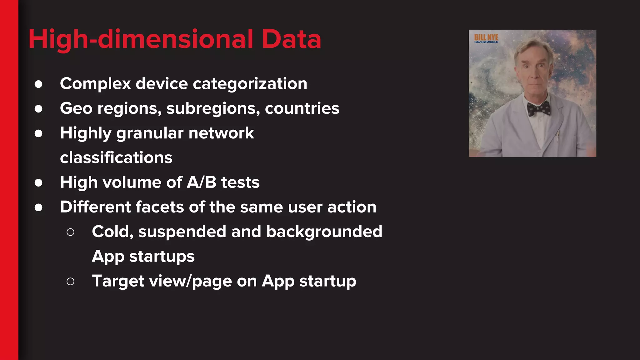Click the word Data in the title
point(291,39)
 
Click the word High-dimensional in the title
point(141,39)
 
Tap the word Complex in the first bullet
point(95,84)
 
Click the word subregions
point(213,108)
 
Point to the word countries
point(302,108)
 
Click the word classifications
point(116,157)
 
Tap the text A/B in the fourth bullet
point(201,182)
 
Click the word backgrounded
point(324,232)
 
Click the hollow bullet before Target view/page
point(71,282)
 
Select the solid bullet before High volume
point(38,183)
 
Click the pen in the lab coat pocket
point(558,135)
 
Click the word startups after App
point(162,256)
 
